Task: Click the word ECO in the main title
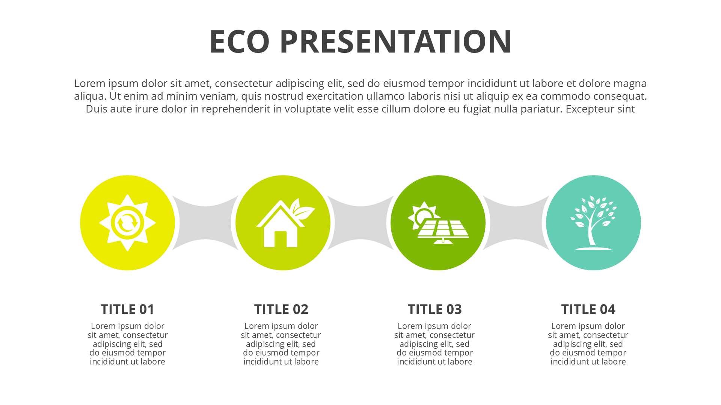[240, 41]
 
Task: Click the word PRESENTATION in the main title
[395, 41]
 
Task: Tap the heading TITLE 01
[127, 309]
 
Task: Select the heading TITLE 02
[281, 309]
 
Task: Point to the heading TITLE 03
[434, 309]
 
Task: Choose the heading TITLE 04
[588, 309]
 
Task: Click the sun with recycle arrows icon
[127, 223]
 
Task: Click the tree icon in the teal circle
[593, 223]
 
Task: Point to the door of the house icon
[281, 239]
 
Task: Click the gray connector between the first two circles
[205, 223]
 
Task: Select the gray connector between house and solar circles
[360, 223]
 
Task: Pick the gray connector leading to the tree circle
[516, 223]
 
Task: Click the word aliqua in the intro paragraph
[89, 96]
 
